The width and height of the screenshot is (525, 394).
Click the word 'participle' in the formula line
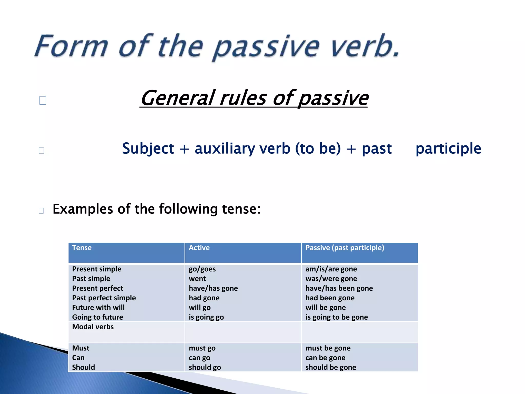point(448,149)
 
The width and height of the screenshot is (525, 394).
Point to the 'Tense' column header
point(82,248)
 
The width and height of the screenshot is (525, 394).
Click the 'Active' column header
point(199,248)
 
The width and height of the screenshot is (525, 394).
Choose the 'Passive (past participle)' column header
point(345,248)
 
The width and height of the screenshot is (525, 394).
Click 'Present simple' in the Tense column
point(97,269)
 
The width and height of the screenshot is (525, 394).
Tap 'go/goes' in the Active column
point(202,269)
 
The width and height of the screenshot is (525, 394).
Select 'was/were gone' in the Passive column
point(331,279)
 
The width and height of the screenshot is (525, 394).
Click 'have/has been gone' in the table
point(339,288)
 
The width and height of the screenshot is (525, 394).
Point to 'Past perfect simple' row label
point(104,298)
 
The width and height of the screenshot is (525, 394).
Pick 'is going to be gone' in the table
point(336,317)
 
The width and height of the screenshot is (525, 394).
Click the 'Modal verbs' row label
point(93,327)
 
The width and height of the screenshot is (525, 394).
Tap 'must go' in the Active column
point(202,348)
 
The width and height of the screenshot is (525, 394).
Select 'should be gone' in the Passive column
point(331,367)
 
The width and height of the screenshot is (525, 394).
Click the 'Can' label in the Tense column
point(78,358)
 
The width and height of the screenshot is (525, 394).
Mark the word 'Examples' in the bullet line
point(83,209)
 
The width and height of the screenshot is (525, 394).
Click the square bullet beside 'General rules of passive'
point(43,100)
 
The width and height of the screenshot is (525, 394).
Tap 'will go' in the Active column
point(199,308)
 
